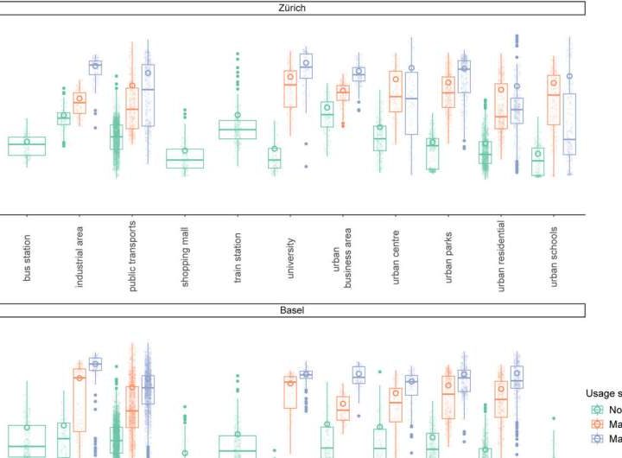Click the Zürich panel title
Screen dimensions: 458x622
(292, 8)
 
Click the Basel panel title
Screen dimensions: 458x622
(292, 309)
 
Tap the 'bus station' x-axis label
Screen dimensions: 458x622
(28, 257)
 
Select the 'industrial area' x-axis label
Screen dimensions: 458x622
(79, 256)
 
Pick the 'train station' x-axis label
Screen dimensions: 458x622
(238, 257)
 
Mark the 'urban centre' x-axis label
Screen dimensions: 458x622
(396, 257)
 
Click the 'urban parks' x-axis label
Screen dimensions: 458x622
(448, 257)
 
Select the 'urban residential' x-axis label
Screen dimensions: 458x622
(501, 257)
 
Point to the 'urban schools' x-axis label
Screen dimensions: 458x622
(554, 257)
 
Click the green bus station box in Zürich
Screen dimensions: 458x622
(27, 146)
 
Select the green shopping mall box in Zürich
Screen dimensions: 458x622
(185, 158)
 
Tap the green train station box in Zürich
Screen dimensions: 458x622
(238, 130)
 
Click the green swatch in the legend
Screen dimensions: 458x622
(595, 410)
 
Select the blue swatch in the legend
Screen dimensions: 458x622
(595, 439)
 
